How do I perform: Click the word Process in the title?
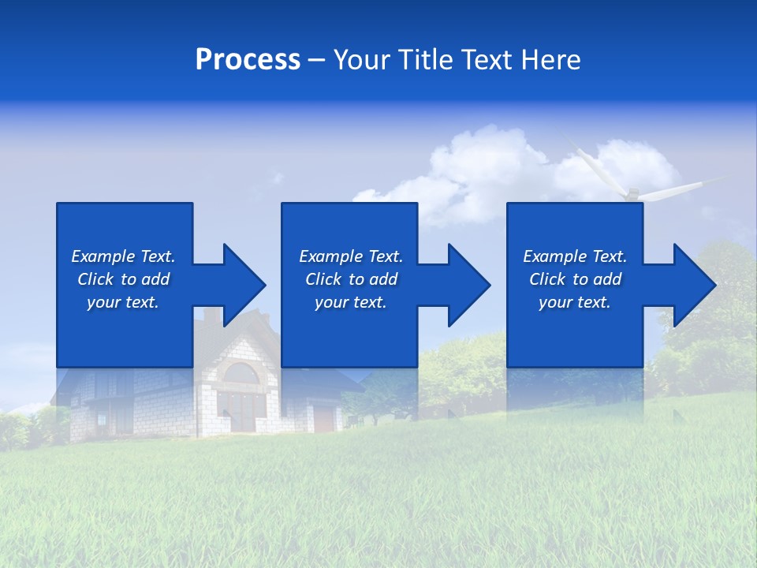pyautogui.click(x=248, y=60)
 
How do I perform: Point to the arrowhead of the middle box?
pyautogui.click(x=468, y=285)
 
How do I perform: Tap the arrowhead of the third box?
pyautogui.click(x=693, y=285)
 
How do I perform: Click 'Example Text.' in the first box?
pyautogui.click(x=124, y=256)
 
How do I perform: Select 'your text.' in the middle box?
pyautogui.click(x=350, y=302)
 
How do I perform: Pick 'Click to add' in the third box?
pyautogui.click(x=575, y=279)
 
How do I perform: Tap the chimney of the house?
pyautogui.click(x=213, y=316)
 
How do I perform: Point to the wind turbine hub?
pyautogui.click(x=631, y=192)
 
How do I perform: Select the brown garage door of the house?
pyautogui.click(x=324, y=418)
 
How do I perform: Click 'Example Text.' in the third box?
pyautogui.click(x=575, y=256)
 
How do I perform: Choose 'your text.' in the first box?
pyautogui.click(x=124, y=302)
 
